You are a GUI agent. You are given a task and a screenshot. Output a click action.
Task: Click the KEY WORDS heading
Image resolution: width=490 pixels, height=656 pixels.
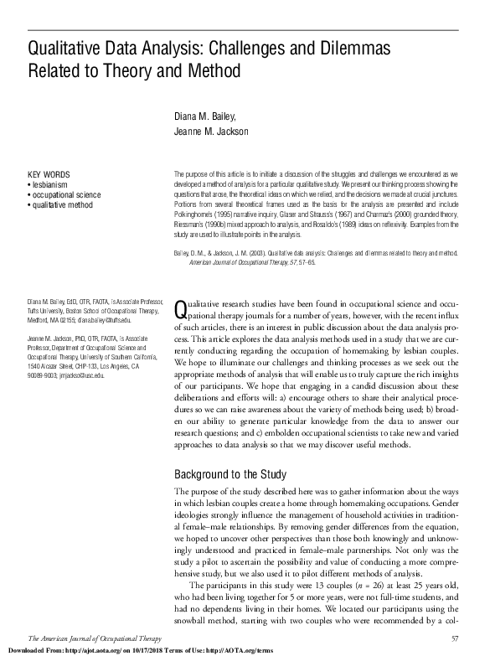coord(49,173)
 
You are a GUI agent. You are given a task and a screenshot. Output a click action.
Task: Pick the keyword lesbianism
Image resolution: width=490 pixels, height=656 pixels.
coord(49,184)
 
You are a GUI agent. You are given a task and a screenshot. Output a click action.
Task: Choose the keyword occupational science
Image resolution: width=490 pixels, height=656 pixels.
coord(67,194)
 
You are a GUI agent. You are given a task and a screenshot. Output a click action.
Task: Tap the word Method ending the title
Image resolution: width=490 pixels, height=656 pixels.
coord(214,70)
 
